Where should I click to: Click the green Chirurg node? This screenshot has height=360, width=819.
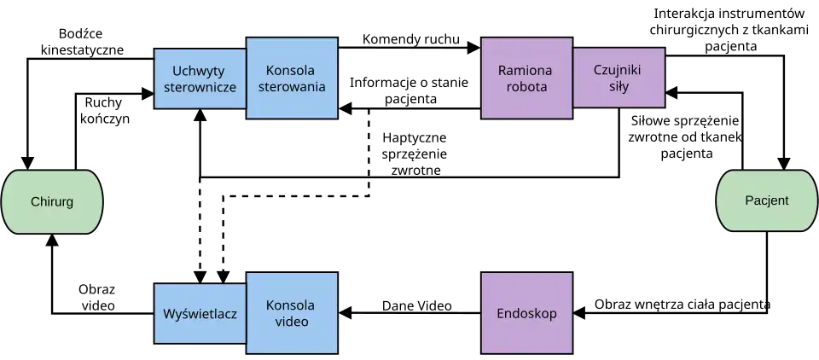coord(52,202)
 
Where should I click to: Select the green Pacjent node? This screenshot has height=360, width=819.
coord(766,200)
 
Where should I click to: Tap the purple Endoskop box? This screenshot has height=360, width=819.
coord(526,313)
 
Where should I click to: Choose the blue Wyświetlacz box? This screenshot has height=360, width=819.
coord(200,313)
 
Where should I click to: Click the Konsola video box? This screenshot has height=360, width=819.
coord(292,313)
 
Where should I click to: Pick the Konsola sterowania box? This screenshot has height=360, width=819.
coord(292,78)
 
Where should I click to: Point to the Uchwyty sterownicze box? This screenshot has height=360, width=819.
coord(200,78)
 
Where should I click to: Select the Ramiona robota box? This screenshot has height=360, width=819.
coord(526,78)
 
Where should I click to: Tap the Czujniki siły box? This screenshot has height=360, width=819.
coord(619,78)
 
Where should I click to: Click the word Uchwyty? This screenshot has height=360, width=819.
coord(200,70)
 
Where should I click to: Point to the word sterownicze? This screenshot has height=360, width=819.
coord(200,87)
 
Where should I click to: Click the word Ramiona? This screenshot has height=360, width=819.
coord(526,69)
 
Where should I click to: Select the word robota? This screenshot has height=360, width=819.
coord(526,86)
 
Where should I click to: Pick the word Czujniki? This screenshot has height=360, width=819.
coord(619,69)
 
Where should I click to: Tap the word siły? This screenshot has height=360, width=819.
coord(619,86)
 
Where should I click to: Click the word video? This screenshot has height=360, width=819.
coord(291,322)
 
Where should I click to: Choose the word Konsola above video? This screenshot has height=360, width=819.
coord(291,305)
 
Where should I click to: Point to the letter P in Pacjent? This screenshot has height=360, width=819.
coord(748,200)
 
